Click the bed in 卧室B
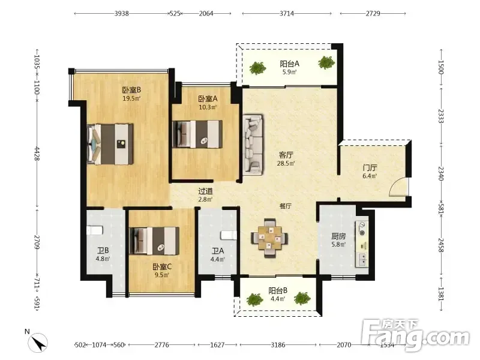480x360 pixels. tap(110, 144)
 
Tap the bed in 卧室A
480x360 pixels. tap(197, 134)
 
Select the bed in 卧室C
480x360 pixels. tap(154, 241)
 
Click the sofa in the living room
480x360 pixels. tap(253, 145)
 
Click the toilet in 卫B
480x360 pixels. tap(94, 230)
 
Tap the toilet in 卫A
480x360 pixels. tap(229, 235)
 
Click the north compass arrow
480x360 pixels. tap(38, 343)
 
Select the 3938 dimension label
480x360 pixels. tap(122, 13)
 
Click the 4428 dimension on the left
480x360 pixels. tap(37, 154)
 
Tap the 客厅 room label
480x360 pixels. tap(286, 155)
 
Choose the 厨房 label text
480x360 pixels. tap(338, 236)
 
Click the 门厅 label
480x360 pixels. tap(370, 168)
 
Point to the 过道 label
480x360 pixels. tap(205, 191)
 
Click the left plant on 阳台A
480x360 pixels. tap(257, 68)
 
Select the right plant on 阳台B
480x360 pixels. tap(302, 298)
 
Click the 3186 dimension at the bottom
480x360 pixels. tap(278, 345)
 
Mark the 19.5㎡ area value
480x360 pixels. tap(131, 98)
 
